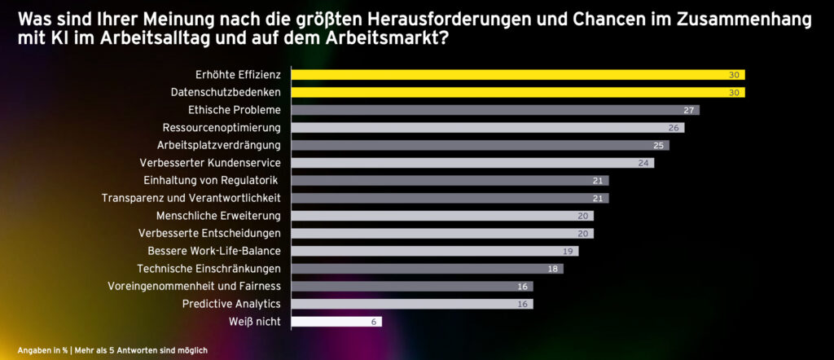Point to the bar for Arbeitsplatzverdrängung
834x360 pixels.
pyautogui.click(x=480, y=145)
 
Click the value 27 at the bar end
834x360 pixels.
pyautogui.click(x=688, y=110)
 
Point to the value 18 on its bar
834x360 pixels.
pyautogui.click(x=552, y=269)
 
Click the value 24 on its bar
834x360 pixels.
pyautogui.click(x=643, y=163)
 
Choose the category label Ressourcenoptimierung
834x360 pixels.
pyautogui.click(x=222, y=128)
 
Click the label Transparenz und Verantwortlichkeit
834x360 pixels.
pyautogui.click(x=191, y=198)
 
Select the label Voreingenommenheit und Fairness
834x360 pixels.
pyautogui.click(x=194, y=286)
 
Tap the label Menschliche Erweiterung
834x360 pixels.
pyautogui.click(x=218, y=216)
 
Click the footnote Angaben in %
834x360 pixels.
pyautogui.click(x=42, y=350)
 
